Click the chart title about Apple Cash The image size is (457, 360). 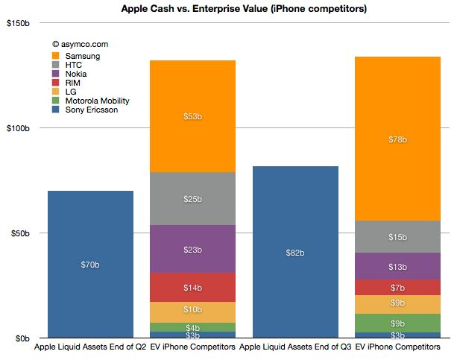pyautogui.click(x=228, y=8)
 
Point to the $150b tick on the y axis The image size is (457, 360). pyautogui.click(x=17, y=23)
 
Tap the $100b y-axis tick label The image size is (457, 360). pyautogui.click(x=17, y=128)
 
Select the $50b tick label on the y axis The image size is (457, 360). pyautogui.click(x=19, y=233)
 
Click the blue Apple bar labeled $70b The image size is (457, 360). pyautogui.click(x=90, y=264)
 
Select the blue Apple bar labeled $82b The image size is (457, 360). pyautogui.click(x=295, y=252)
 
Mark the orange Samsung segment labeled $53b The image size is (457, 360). pyautogui.click(x=193, y=116)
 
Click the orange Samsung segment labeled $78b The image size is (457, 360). pyautogui.click(x=398, y=139)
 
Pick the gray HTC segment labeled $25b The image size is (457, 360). pyautogui.click(x=193, y=199)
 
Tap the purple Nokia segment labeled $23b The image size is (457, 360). pyautogui.click(x=193, y=249)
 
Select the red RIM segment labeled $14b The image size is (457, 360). pyautogui.click(x=193, y=287)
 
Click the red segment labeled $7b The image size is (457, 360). pyautogui.click(x=398, y=288)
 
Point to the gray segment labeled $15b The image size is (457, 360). pyautogui.click(x=398, y=237)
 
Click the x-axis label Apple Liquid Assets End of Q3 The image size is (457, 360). pyautogui.click(x=295, y=347)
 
